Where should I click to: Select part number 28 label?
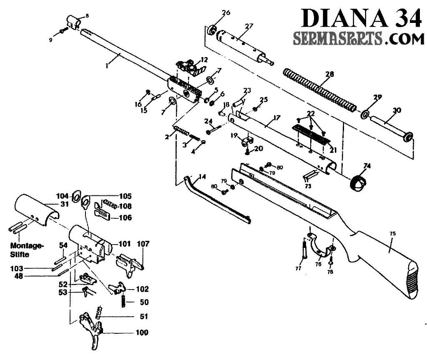coord(330,75)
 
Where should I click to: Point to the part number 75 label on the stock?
coord(392,234)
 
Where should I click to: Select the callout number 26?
coord(226,13)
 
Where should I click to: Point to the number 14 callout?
coord(202,177)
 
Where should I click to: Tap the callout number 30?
coord(397,111)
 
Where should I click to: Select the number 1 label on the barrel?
coord(107,66)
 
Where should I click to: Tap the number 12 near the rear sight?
coord(204,59)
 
